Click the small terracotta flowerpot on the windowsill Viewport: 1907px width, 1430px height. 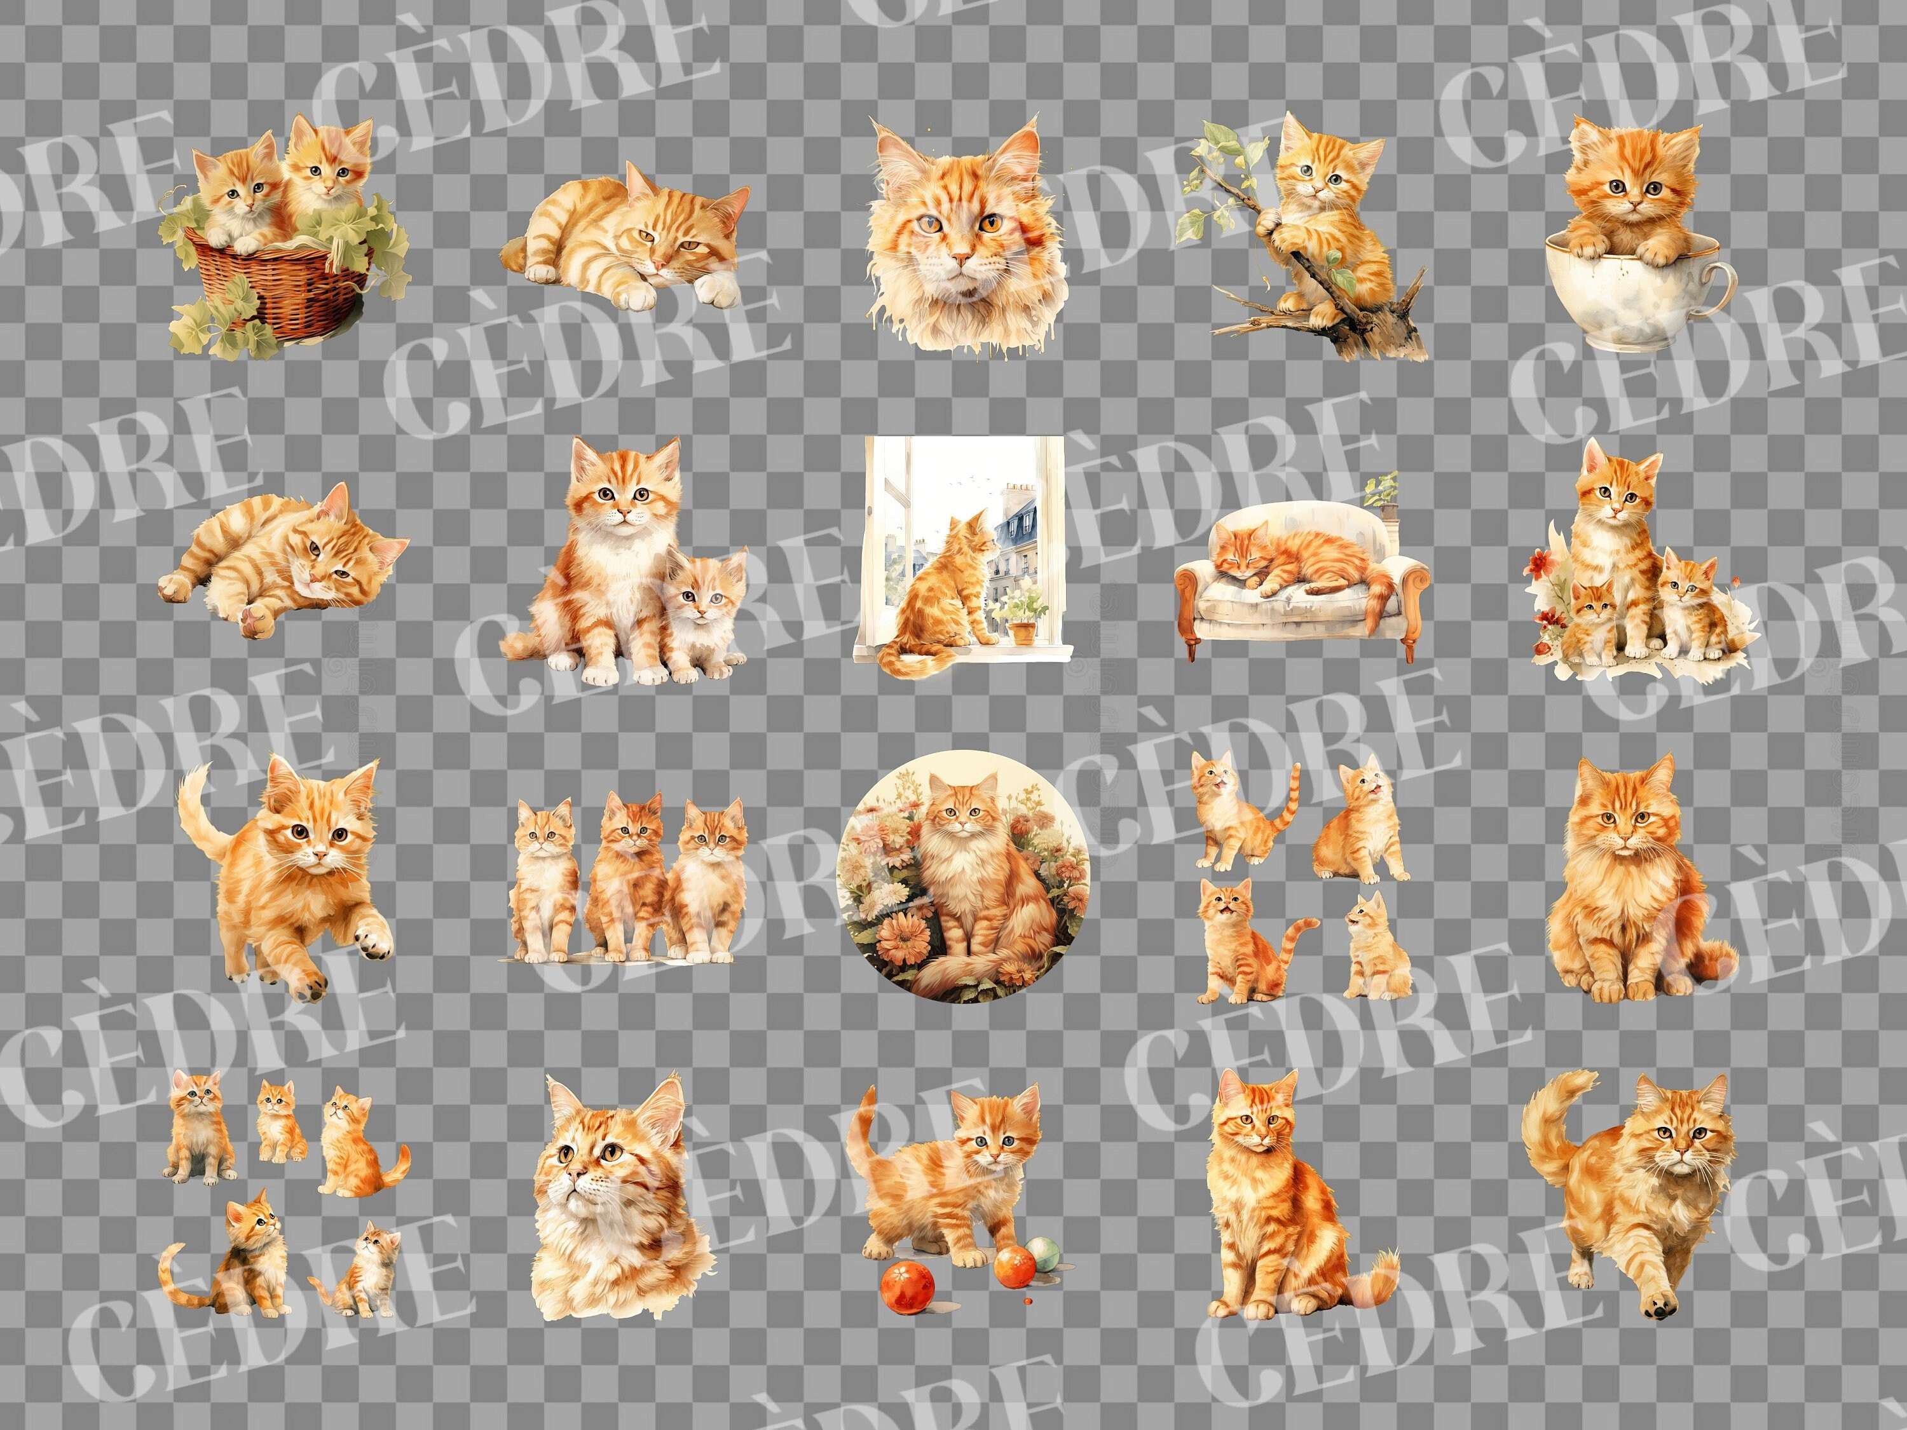coord(1023,632)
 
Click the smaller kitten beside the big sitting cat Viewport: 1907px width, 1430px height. coord(702,616)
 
